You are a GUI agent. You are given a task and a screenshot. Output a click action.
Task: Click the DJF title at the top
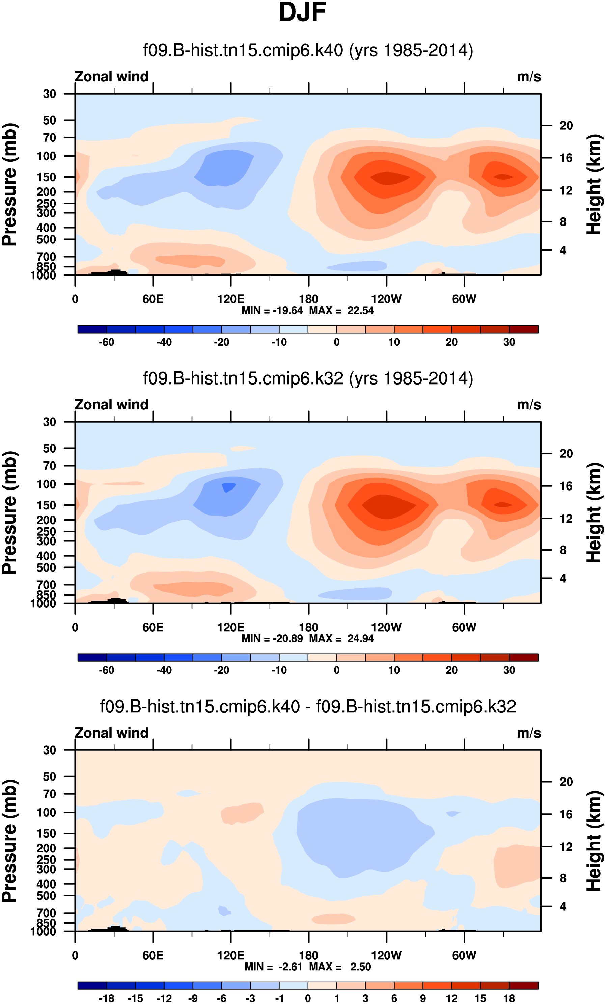(x=302, y=12)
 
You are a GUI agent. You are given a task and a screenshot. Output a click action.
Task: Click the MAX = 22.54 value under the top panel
(x=341, y=311)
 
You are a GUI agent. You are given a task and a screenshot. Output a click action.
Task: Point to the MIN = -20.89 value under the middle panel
(x=272, y=638)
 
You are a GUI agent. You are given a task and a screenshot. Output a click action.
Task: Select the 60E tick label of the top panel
(x=153, y=299)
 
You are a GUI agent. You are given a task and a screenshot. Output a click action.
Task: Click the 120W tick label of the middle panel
(x=386, y=628)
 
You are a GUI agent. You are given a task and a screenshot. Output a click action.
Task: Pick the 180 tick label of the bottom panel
(x=308, y=955)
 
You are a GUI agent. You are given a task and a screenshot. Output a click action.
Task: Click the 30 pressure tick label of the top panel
(x=49, y=94)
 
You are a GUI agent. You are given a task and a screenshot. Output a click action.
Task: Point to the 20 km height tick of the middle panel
(x=566, y=453)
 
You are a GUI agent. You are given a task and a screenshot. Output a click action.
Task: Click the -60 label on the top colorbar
(x=106, y=342)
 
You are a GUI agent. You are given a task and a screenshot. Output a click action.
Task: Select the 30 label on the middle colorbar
(x=509, y=670)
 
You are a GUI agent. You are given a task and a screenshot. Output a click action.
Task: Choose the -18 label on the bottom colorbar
(x=106, y=998)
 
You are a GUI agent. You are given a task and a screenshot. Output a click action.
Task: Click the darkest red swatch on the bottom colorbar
(x=523, y=986)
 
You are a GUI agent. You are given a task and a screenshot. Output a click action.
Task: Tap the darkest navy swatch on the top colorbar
(x=92, y=329)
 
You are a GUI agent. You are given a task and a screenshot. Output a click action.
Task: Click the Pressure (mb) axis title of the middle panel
(x=10, y=512)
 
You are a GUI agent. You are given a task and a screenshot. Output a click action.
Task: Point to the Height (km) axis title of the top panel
(x=594, y=185)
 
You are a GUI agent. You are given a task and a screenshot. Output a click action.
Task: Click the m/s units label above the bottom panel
(x=529, y=733)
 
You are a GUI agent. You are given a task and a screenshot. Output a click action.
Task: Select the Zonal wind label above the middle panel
(x=111, y=405)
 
